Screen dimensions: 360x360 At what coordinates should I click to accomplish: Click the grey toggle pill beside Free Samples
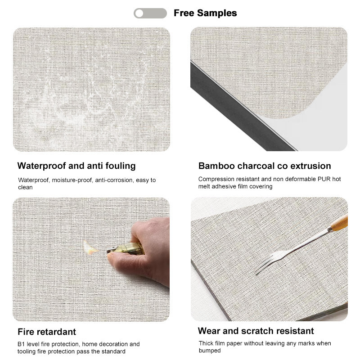pyautogui.click(x=150, y=13)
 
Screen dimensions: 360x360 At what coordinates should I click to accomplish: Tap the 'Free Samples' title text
pyautogui.click(x=205, y=13)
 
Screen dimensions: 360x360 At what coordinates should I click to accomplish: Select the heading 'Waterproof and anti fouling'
pyautogui.click(x=76, y=166)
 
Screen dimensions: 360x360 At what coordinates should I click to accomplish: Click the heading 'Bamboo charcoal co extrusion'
pyautogui.click(x=265, y=166)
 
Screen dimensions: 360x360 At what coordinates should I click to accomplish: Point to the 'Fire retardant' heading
pyautogui.click(x=47, y=332)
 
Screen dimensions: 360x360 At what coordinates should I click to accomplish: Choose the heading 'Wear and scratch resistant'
pyautogui.click(x=256, y=331)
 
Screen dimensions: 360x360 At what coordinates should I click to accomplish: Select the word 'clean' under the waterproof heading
pyautogui.click(x=25, y=187)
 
